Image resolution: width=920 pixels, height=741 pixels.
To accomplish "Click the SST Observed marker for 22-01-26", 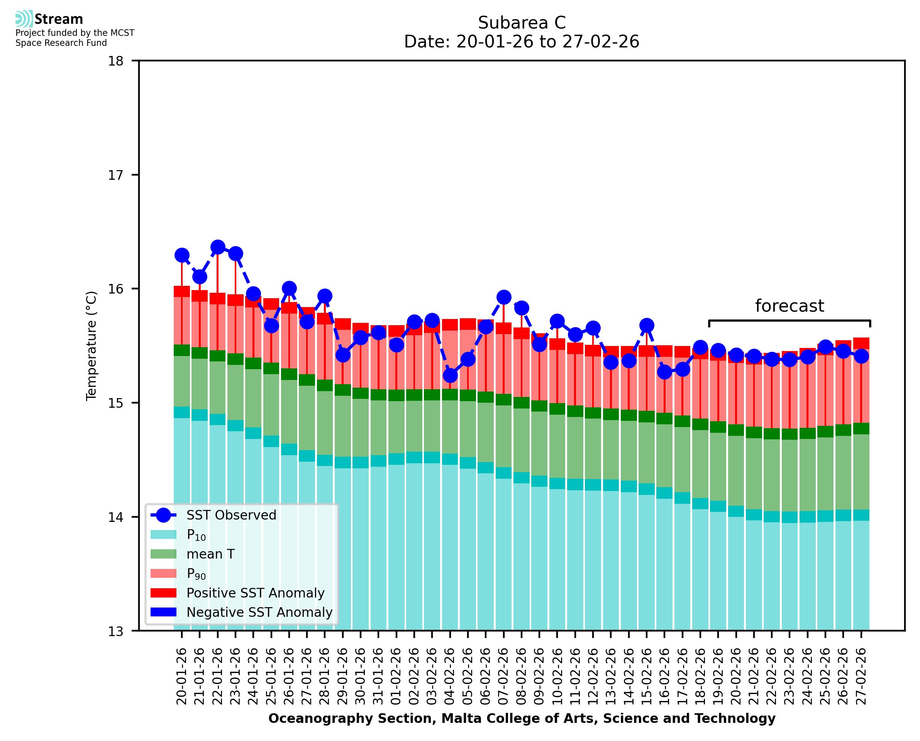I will click(x=218, y=247).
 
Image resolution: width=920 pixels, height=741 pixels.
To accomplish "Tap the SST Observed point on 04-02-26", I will click(x=450, y=376).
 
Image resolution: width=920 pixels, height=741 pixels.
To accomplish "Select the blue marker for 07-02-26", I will click(x=504, y=297).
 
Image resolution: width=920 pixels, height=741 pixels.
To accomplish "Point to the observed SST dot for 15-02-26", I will click(x=647, y=325).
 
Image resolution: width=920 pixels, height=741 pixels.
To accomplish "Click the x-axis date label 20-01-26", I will click(x=182, y=676).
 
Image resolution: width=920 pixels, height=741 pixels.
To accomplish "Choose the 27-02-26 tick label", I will click(x=861, y=676).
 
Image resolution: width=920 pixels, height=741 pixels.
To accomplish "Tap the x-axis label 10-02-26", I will click(x=557, y=676).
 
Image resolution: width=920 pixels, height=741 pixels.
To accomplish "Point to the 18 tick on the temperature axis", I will click(x=116, y=61).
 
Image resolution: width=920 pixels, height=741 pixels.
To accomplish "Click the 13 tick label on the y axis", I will click(x=116, y=631).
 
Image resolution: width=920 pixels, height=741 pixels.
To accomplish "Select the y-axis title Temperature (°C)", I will click(x=91, y=346).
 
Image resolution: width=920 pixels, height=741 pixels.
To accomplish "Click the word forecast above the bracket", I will click(x=789, y=306).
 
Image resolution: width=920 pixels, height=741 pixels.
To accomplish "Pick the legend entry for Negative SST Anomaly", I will click(x=259, y=612).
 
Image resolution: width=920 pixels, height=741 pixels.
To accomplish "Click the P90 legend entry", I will click(x=196, y=573).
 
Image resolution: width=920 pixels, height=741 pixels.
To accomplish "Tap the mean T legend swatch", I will click(x=164, y=554).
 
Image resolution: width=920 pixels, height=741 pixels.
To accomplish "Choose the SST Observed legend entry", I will click(x=231, y=515).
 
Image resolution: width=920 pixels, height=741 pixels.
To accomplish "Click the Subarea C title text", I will click(x=522, y=23).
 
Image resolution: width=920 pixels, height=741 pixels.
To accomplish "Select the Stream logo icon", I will click(x=24, y=19).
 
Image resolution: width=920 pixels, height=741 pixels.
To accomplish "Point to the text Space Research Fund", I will click(x=61, y=43).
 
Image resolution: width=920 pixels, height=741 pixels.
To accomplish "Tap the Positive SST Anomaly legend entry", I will click(x=256, y=593).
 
